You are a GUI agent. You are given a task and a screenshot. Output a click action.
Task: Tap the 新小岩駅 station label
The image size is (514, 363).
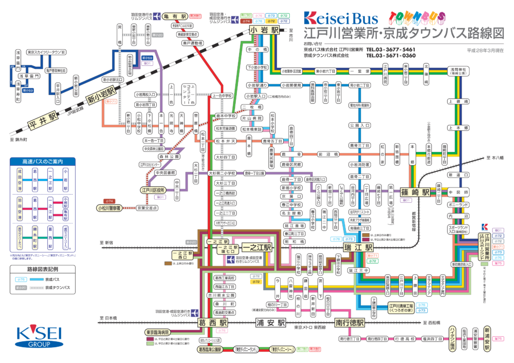click(103, 94)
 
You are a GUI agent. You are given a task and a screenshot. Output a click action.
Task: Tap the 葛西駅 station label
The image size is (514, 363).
click(212, 323)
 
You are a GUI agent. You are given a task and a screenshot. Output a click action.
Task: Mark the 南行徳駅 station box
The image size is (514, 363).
click(350, 323)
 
